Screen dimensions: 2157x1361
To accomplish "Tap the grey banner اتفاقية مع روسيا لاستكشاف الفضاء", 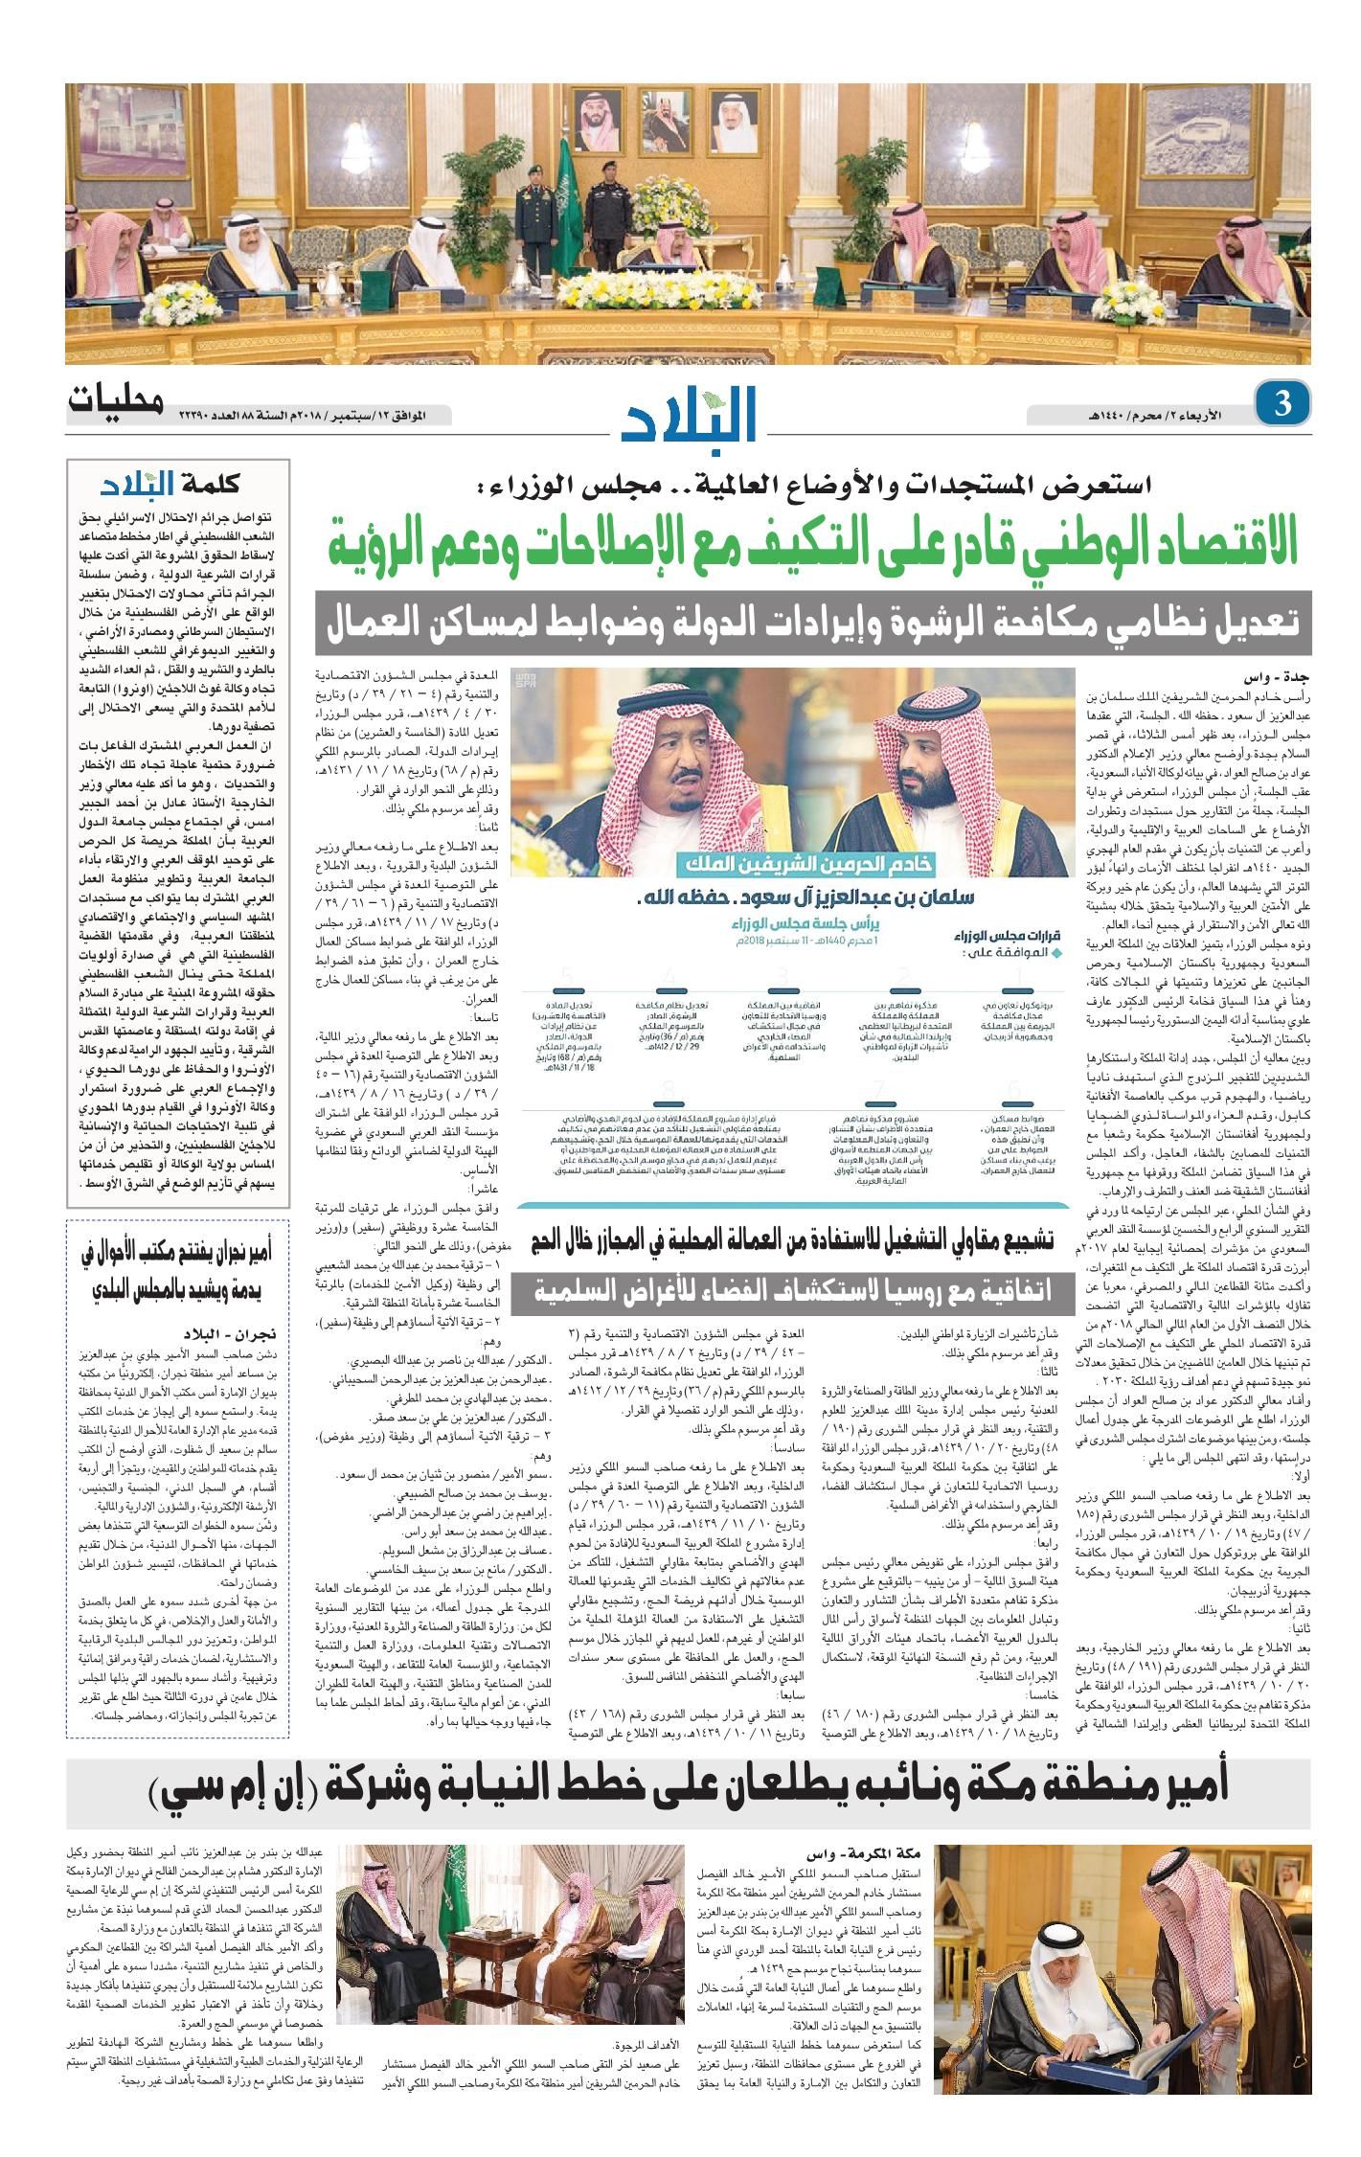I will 796,1289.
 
